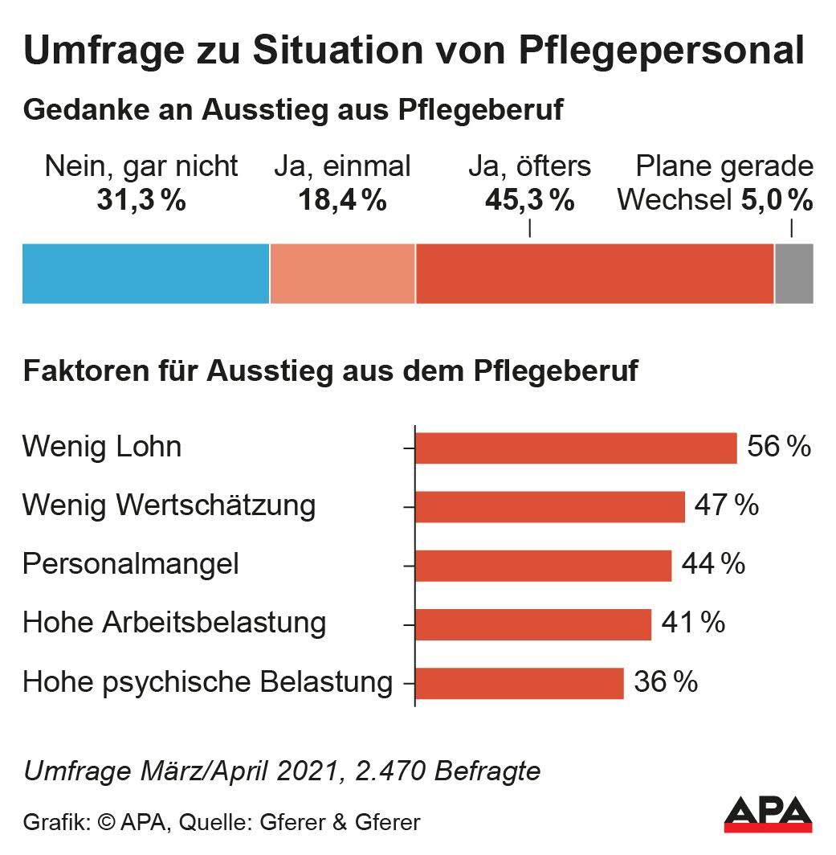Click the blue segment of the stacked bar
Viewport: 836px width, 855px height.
coord(145,273)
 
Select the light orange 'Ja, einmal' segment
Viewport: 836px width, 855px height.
coord(342,273)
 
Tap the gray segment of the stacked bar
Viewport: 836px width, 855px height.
coord(793,273)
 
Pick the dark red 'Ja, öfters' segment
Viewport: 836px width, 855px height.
coord(594,273)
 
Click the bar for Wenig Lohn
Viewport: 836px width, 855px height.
coord(576,448)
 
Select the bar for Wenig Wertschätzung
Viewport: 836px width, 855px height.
coord(550,506)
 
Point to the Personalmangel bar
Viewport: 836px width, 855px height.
coord(543,565)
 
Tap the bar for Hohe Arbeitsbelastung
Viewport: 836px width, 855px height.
coord(533,624)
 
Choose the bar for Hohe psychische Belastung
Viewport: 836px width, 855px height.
coord(520,682)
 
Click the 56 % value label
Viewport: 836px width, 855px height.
coord(778,447)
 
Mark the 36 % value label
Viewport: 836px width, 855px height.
coord(665,682)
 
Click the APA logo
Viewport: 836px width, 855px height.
coord(767,813)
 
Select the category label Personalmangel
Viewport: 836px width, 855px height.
coord(131,564)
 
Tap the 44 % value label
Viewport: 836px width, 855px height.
coord(712,564)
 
